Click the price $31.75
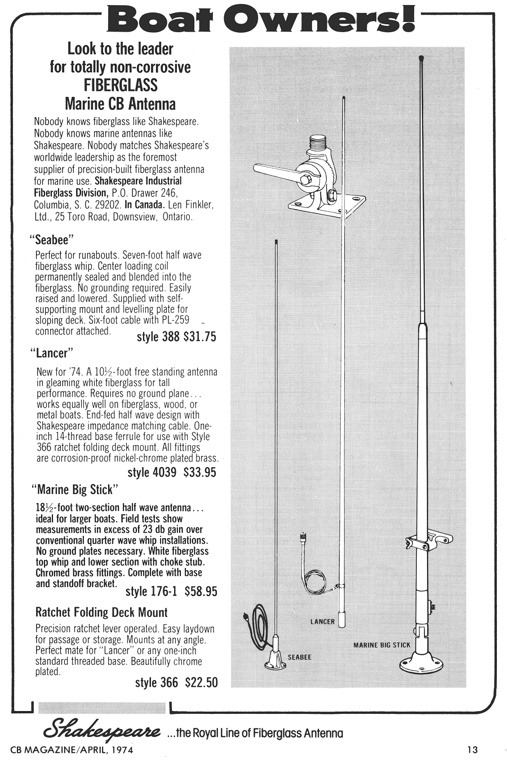click(x=200, y=337)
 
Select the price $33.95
click(x=200, y=472)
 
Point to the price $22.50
click(x=201, y=682)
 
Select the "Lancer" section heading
click(x=51, y=353)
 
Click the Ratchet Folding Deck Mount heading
click(x=101, y=612)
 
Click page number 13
click(x=472, y=749)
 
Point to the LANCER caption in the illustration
click(x=322, y=622)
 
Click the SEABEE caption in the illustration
click(x=299, y=657)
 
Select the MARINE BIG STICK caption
click(x=381, y=645)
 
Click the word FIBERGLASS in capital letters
click(x=121, y=86)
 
